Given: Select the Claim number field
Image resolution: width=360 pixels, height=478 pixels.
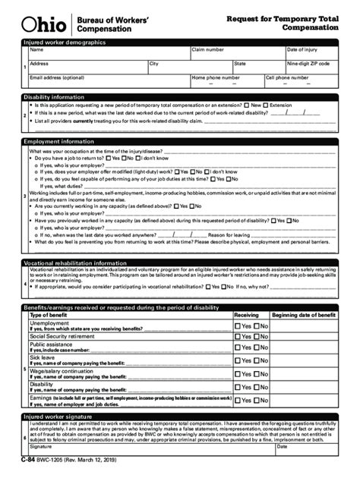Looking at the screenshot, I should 236,53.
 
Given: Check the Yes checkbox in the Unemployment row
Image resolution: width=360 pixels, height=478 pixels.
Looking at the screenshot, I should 238,325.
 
